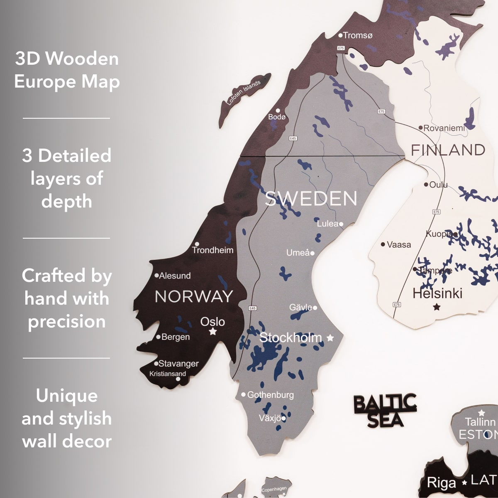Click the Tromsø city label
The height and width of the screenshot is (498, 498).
tap(358, 36)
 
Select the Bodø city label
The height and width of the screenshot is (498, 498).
tap(277, 117)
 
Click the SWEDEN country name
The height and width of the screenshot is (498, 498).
tap(311, 199)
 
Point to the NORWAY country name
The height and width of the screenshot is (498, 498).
tap(194, 296)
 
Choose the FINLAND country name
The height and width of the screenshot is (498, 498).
tap(448, 150)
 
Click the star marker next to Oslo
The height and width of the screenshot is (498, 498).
tap(213, 332)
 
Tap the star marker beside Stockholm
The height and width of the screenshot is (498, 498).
tap(330, 338)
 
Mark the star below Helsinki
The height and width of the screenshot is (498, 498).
tap(437, 307)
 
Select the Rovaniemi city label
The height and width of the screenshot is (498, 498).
tap(444, 128)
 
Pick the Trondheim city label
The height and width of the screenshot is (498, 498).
tap(212, 250)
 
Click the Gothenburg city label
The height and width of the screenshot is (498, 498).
tap(270, 395)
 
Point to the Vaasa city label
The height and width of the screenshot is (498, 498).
tap(398, 244)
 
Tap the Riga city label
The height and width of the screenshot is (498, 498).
tap(441, 483)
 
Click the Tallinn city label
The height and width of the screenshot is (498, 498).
tap(480, 422)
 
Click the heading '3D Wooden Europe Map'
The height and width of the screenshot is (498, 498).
tap(67, 70)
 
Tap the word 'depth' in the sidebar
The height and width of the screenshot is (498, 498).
tap(67, 201)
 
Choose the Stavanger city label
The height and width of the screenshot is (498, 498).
tap(178, 364)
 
